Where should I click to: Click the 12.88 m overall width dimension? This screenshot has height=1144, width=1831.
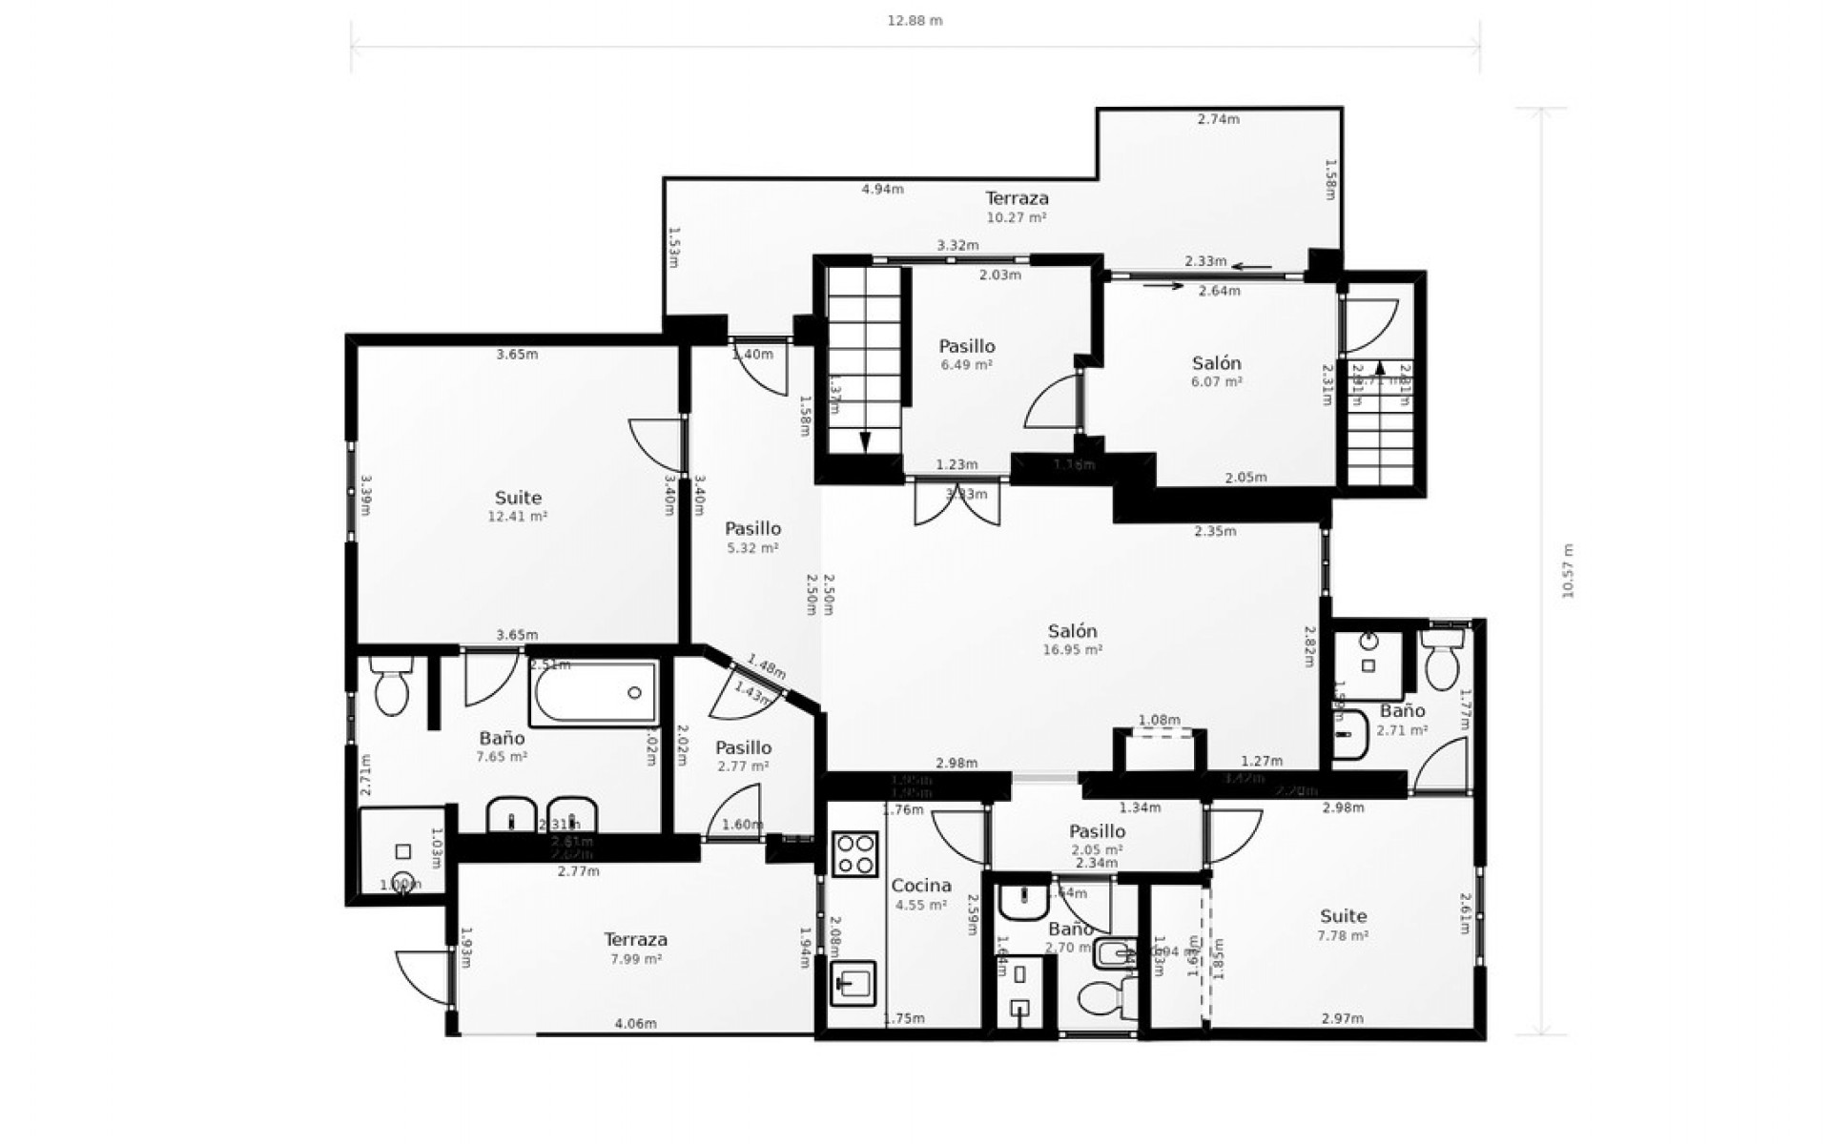point(915,21)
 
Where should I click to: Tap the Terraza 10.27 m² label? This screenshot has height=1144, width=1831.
point(1017,207)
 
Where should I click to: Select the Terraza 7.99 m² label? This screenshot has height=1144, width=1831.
point(635,949)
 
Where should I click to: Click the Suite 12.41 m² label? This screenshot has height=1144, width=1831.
point(518,506)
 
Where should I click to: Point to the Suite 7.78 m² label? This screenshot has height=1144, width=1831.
point(1343,925)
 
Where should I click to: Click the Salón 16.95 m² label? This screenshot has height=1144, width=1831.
point(1073,640)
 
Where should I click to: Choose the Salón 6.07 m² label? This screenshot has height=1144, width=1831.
point(1217,372)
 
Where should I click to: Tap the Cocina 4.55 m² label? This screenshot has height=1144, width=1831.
point(920,894)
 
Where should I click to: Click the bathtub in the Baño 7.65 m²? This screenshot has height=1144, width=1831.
point(595,693)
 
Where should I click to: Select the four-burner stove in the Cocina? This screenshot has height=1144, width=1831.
point(855,853)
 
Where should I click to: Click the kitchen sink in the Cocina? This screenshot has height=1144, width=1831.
point(854,982)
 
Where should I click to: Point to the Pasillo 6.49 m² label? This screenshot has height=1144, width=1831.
point(967,355)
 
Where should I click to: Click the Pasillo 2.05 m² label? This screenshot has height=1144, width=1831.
point(1097,840)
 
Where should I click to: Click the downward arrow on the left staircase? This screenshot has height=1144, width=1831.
point(865,440)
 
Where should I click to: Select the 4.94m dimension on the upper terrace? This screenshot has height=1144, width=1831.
point(882,190)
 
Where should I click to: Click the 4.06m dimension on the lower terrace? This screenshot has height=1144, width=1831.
point(635,1025)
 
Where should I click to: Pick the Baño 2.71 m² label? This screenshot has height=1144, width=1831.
point(1402,720)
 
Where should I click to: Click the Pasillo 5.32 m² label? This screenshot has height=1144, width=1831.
point(752,538)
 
